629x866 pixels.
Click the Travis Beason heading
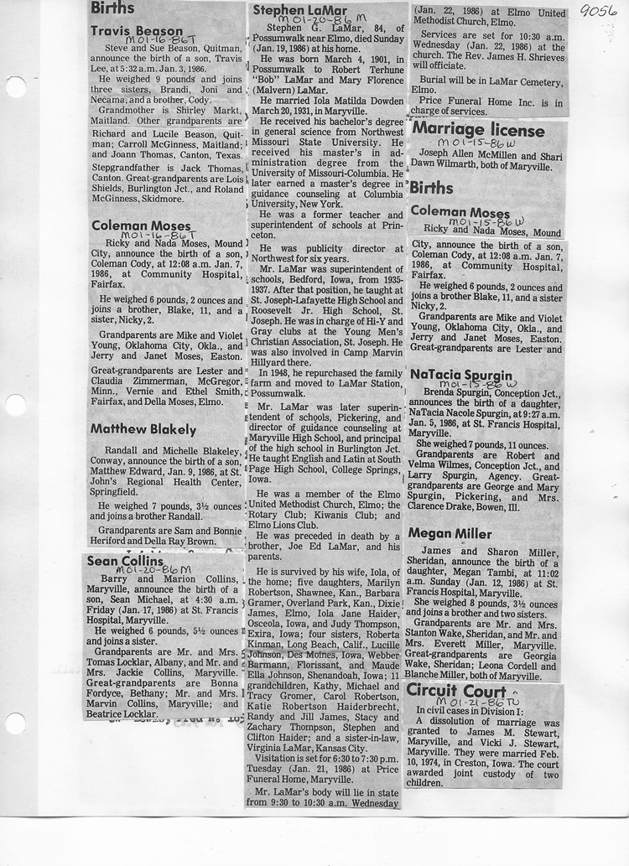[x=137, y=31]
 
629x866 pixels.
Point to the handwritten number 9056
[x=598, y=11]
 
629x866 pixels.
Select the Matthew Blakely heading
[x=143, y=429]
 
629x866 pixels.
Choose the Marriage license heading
[x=477, y=131]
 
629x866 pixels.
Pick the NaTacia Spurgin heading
[x=461, y=374]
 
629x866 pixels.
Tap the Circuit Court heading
[x=456, y=690]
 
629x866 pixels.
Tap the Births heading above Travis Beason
[x=112, y=8]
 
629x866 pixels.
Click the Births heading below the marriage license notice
[x=432, y=188]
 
